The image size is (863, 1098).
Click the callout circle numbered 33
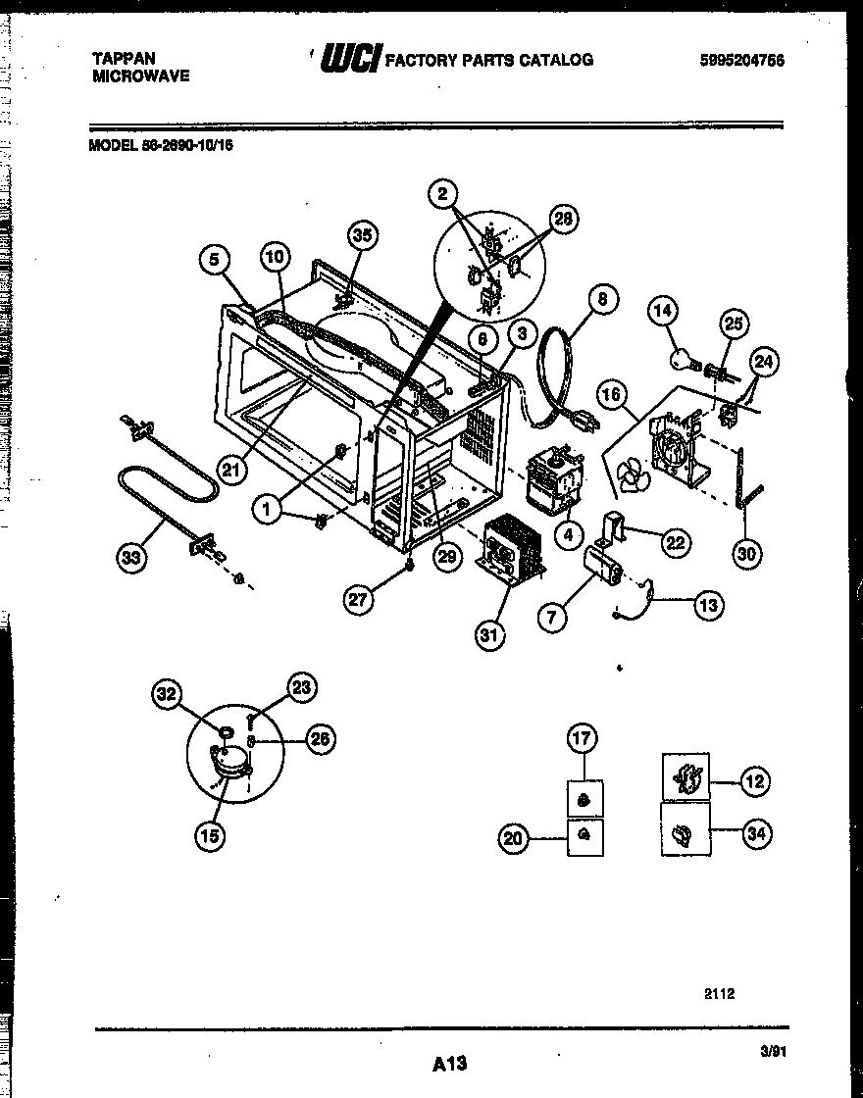(x=129, y=559)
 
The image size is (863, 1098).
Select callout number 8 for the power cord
(x=602, y=299)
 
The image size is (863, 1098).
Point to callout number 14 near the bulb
(x=664, y=312)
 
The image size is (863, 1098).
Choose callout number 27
(x=360, y=599)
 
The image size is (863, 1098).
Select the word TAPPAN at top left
(x=123, y=59)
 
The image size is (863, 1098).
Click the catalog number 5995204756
(x=742, y=60)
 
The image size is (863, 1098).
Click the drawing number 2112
(x=719, y=993)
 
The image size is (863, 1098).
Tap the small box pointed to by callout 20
(x=585, y=836)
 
